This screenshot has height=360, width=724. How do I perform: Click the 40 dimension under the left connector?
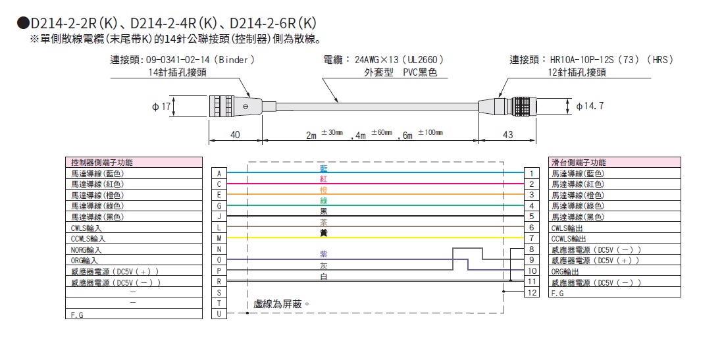pos(236,134)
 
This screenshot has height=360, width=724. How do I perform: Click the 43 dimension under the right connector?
pos(507,134)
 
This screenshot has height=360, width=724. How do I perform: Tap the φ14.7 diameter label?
pos(590,106)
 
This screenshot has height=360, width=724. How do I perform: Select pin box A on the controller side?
pos(218,173)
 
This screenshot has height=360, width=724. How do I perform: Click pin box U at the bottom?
pos(218,314)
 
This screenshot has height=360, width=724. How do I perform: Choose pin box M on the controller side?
pos(218,238)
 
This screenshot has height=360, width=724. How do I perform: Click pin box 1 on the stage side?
pos(530,173)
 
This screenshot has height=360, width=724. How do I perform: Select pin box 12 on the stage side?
pos(530,292)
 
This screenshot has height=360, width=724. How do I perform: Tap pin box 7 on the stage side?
pos(530,238)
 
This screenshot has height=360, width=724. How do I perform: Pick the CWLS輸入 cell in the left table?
pos(87,228)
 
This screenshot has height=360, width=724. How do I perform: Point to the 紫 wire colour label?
pos(323,253)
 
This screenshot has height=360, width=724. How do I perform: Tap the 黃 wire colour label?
pos(323,232)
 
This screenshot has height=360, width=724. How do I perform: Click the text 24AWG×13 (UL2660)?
pos(400,60)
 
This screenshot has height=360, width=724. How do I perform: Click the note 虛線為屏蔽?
pos(281,305)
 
